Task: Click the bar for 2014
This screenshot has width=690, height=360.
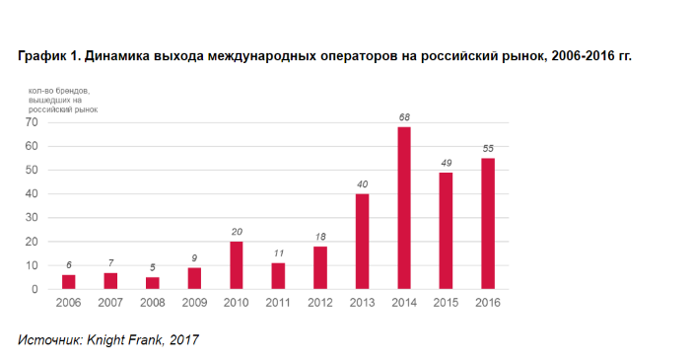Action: pyautogui.click(x=404, y=208)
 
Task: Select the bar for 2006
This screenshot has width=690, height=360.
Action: pyautogui.click(x=68, y=282)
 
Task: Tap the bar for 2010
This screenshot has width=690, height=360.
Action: pyautogui.click(x=236, y=265)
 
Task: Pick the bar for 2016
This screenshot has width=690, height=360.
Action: pyautogui.click(x=488, y=224)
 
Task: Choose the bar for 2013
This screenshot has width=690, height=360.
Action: pyautogui.click(x=362, y=242)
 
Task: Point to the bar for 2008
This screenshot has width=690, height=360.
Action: pyautogui.click(x=152, y=283)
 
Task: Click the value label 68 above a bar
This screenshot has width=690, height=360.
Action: pyautogui.click(x=404, y=117)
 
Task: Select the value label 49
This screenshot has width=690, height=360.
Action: pyautogui.click(x=446, y=163)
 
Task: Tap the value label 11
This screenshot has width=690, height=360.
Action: pyautogui.click(x=278, y=253)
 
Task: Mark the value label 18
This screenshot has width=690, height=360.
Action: pyautogui.click(x=319, y=237)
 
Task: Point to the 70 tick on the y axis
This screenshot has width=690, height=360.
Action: pyautogui.click(x=32, y=122)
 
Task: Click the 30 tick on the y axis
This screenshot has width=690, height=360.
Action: pyautogui.click(x=32, y=218)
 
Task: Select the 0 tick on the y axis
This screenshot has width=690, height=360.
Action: pyautogui.click(x=34, y=289)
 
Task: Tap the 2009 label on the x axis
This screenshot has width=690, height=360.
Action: pyautogui.click(x=193, y=303)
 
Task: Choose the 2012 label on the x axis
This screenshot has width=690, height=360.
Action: pyautogui.click(x=319, y=303)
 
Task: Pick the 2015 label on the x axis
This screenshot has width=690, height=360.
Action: pyautogui.click(x=446, y=303)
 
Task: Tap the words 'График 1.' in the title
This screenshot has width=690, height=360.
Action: pyautogui.click(x=48, y=57)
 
